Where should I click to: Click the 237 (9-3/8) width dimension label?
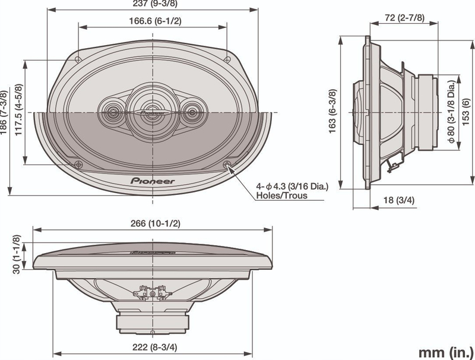(155, 4)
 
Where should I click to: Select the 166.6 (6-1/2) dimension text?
(155, 21)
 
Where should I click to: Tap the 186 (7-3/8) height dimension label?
(4, 112)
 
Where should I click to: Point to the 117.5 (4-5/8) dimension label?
(19, 110)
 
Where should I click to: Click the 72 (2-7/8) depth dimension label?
(405, 18)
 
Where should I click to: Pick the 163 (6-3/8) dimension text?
(332, 111)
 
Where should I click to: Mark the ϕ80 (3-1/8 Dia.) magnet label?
(451, 112)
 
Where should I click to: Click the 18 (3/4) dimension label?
(398, 200)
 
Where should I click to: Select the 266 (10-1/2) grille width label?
(156, 223)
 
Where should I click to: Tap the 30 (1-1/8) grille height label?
(17, 254)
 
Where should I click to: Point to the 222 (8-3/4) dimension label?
(155, 347)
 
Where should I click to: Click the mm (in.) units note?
(445, 353)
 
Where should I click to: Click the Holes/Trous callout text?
(281, 195)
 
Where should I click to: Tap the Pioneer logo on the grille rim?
(153, 181)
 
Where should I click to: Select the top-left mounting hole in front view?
(78, 59)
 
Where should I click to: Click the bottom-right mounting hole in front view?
(227, 165)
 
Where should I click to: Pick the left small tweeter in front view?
(112, 112)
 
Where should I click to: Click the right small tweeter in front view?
(192, 112)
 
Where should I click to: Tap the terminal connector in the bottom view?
(153, 293)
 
